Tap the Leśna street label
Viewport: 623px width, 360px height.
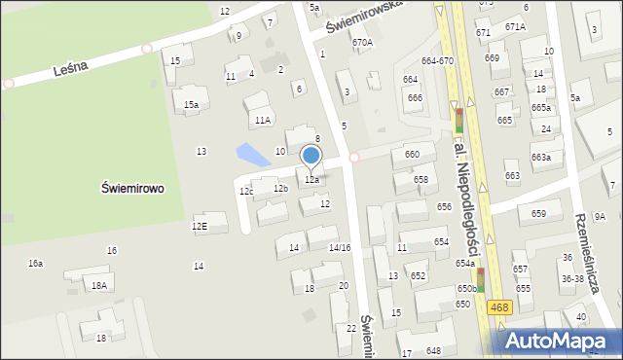pos(72,66)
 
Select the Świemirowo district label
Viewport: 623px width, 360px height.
pos(132,189)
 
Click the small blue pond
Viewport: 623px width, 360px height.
pos(253,155)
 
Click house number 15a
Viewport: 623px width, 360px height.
pos(192,104)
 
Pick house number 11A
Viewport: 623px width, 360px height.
pos(262,120)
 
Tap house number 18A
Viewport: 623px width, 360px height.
pos(98,285)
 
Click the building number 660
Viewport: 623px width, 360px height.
pos(412,155)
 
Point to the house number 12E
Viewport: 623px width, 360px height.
pos(200,227)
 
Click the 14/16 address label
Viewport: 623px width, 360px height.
pos(339,248)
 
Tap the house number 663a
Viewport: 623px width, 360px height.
pos(541,157)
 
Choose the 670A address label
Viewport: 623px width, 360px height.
pos(362,43)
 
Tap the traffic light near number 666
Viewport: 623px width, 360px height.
pos(459,121)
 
